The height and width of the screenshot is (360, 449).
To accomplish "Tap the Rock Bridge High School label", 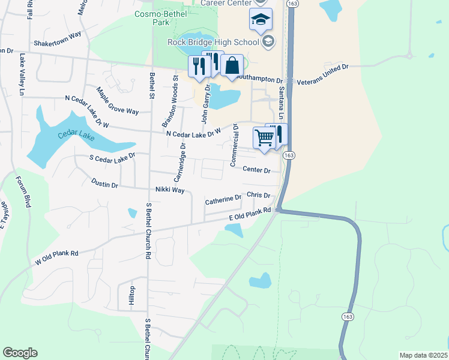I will point(214,41).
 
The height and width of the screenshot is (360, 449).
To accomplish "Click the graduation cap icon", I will point(261,19).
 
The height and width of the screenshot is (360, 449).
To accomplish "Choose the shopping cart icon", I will point(264,137).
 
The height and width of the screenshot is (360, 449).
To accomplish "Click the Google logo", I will point(20,353).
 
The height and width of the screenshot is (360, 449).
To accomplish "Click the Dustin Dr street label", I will point(104,184).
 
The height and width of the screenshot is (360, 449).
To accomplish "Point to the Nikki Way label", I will point(170,190).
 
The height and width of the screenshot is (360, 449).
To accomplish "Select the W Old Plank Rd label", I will point(57,257).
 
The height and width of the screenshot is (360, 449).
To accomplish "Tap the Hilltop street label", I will point(132,296).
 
